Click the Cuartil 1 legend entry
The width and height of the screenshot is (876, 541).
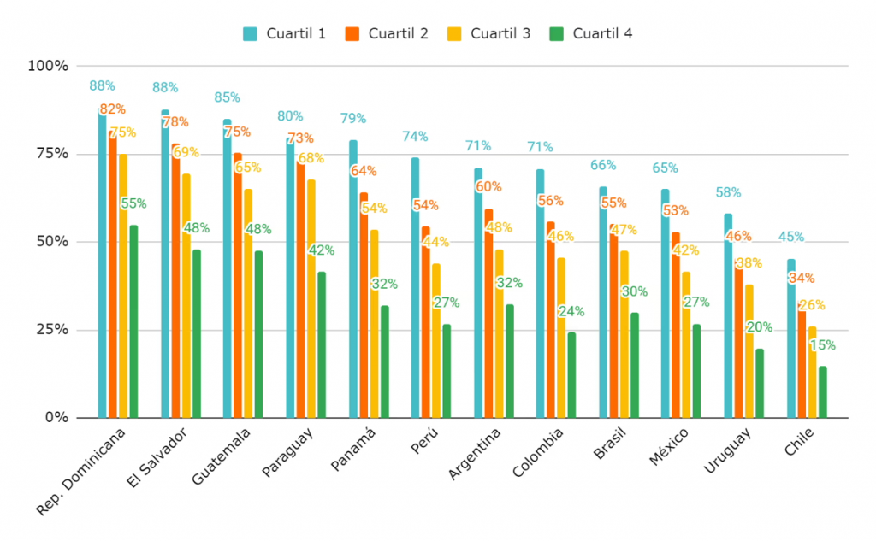(284, 33)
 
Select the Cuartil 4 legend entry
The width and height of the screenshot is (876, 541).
(591, 33)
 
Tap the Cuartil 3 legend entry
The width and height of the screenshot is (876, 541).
(488, 33)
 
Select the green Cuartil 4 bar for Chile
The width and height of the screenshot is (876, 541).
(823, 392)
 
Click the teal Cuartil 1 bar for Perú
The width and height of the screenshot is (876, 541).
(415, 287)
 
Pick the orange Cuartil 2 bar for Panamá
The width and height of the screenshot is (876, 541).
(364, 305)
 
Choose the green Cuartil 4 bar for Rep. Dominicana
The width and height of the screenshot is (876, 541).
(133, 321)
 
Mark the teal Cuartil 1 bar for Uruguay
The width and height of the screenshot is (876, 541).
(728, 315)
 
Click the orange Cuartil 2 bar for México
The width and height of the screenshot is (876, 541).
(676, 325)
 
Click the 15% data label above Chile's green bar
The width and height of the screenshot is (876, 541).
(822, 345)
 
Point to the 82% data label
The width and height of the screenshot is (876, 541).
(112, 109)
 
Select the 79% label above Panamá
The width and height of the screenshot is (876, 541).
(353, 118)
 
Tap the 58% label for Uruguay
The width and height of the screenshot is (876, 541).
(728, 192)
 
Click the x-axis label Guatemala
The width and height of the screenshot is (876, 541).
(222, 456)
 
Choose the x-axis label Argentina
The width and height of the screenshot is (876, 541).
(475, 454)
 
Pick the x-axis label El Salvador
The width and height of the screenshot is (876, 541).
(157, 457)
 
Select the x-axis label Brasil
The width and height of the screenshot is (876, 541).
(611, 444)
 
